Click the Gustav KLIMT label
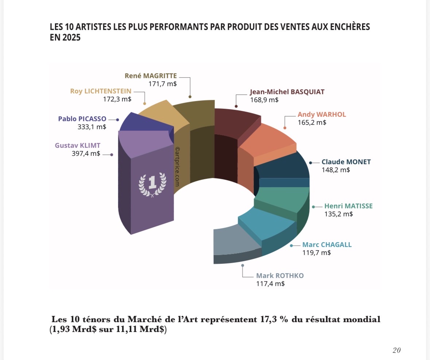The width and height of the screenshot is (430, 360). click(77, 146)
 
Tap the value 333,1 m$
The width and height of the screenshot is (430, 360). click(92, 127)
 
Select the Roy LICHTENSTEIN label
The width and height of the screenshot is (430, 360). click(101, 91)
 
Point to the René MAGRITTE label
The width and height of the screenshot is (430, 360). click(151, 76)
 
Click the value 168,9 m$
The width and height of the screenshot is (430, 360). click(264, 100)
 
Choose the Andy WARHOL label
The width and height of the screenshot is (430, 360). click(322, 115)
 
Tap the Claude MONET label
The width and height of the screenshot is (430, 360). click(346, 162)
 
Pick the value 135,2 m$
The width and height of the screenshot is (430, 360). click(338, 214)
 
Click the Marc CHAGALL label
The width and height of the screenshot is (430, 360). click(327, 245)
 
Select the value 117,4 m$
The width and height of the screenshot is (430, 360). click(271, 283)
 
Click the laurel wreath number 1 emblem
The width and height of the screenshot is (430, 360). click(152, 184)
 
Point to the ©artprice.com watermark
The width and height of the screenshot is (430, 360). click(178, 167)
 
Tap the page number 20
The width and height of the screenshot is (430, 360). click(396, 350)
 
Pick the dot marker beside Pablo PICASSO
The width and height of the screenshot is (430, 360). click(117, 119)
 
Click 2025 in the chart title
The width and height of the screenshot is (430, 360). click(70, 38)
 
